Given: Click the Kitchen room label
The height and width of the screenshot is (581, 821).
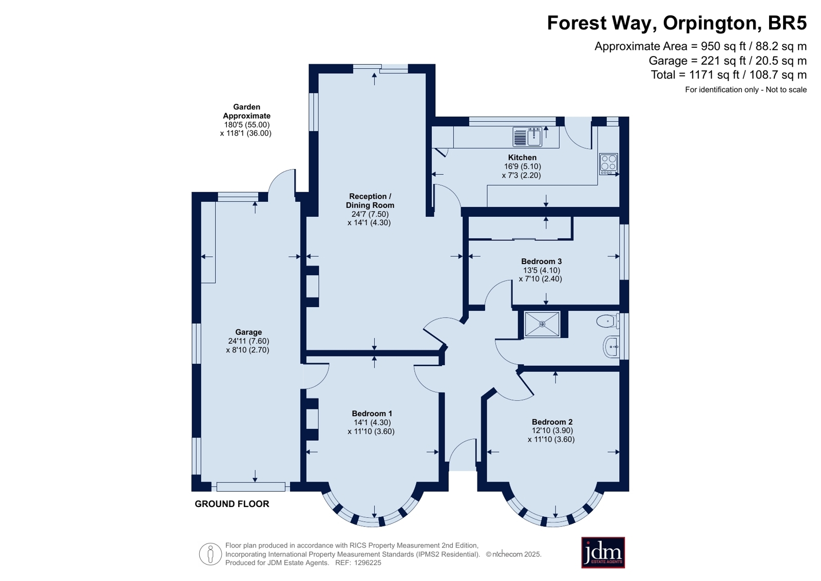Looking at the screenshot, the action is tap(522, 158).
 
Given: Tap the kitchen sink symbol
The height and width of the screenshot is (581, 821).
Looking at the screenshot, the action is tap(527, 137).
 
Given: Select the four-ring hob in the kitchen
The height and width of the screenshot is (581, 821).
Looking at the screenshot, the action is tap(608, 164).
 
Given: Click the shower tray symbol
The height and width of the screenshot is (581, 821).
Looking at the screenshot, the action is tap(542, 324).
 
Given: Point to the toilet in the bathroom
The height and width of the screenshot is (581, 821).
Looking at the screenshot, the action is tap(607, 321).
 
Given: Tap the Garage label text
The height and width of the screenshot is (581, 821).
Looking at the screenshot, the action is tap(249, 332).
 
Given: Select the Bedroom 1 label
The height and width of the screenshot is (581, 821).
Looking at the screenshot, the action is tap(372, 414).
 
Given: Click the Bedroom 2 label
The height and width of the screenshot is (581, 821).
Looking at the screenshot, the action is tap(552, 422).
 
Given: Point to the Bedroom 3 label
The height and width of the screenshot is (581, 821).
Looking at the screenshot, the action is tap(541, 261).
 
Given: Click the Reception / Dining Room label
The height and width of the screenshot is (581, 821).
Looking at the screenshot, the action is tap(370, 201).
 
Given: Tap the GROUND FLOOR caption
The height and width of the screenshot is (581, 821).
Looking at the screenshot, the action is tap(232, 504).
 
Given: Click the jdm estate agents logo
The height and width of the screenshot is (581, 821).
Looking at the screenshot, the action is tap(603, 553).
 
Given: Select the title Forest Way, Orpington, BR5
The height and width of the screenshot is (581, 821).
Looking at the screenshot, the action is tap(677, 23).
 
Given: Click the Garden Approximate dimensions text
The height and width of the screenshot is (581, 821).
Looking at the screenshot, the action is tap(246, 120).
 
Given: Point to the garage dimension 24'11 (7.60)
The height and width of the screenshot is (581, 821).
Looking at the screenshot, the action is tap(249, 341).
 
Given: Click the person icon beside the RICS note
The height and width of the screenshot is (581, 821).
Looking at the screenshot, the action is tap(211, 554).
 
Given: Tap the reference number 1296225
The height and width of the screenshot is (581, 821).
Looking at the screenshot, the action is tap(368, 563).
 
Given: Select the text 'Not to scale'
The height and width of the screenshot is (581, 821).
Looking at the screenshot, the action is tap(786, 90).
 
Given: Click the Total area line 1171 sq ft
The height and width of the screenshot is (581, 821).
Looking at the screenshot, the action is tap(729, 75).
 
